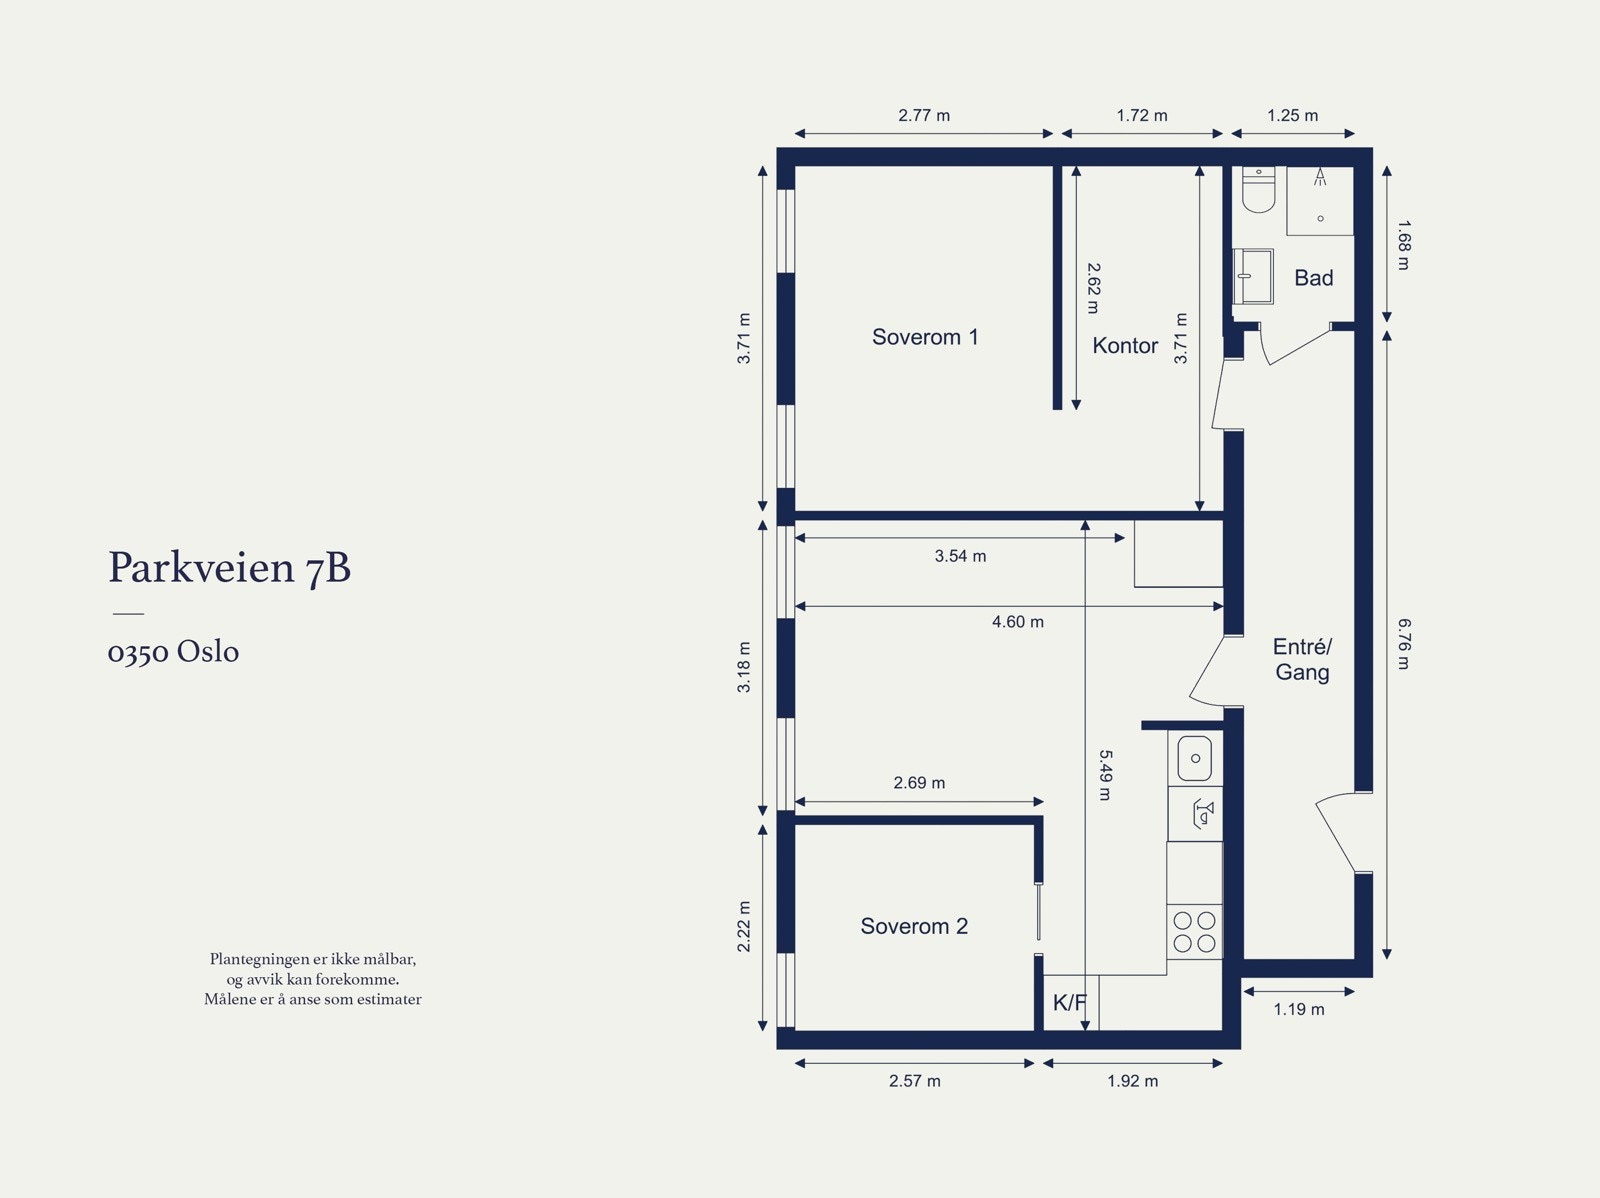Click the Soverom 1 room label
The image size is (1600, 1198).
click(925, 337)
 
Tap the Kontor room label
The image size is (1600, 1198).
click(1125, 345)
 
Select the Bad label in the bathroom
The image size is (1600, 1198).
click(1314, 278)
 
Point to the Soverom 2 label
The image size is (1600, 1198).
click(914, 926)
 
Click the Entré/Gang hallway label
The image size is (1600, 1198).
click(1303, 659)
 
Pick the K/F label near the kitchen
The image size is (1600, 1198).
click(1069, 1003)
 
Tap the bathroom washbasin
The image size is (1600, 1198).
click(1253, 276)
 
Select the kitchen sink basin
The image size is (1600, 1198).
click(1195, 758)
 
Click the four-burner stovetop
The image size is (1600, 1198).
click(1194, 932)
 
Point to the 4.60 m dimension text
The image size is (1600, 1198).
click(1018, 622)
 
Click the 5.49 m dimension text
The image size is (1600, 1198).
click(1105, 775)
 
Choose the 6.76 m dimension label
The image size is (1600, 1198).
click(1404, 644)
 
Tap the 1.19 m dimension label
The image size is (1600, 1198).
click(1299, 1009)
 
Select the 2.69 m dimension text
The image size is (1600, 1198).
click(919, 783)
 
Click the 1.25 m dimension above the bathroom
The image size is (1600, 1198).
click(1292, 115)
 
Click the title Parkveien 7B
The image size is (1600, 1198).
click(230, 568)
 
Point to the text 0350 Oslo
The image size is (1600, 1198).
click(173, 651)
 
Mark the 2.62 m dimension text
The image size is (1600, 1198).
click(1093, 288)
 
